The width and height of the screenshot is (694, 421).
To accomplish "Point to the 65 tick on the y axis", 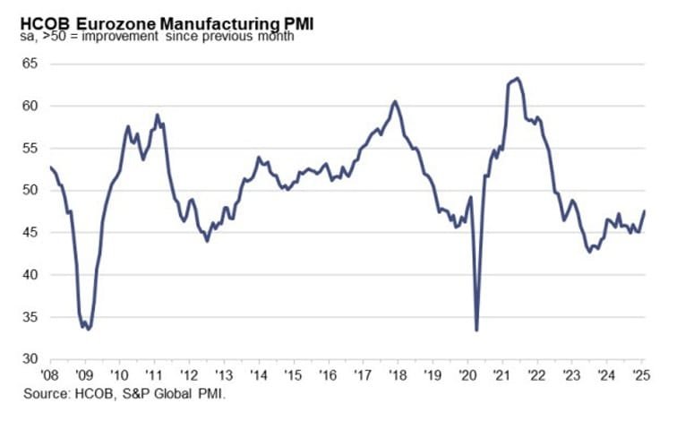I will click(x=31, y=64).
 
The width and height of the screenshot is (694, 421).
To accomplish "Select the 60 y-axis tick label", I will click(x=31, y=106).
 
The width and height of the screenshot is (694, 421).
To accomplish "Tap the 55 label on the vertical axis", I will click(x=31, y=148).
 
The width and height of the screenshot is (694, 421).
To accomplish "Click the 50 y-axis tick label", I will click(x=31, y=190).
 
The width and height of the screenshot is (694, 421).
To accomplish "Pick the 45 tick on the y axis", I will click(x=31, y=232).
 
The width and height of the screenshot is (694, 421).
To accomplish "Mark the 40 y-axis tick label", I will click(x=31, y=274).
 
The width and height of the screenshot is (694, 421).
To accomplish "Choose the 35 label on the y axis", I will click(x=31, y=317).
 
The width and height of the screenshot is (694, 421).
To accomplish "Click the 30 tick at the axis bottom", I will click(x=31, y=359).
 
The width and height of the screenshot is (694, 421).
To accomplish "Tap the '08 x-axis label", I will click(x=50, y=375).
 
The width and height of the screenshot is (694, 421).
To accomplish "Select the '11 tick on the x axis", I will click(x=155, y=375).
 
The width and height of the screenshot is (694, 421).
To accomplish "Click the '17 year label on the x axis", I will click(x=364, y=375).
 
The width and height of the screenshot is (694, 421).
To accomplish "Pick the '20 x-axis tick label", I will click(x=468, y=375).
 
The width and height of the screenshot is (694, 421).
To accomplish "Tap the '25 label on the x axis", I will click(x=641, y=375).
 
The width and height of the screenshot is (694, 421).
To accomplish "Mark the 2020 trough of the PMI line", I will click(x=476, y=330).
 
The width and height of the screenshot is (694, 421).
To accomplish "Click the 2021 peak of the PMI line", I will click(x=518, y=78).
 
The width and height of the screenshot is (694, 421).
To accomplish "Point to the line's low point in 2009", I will click(x=88, y=329).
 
